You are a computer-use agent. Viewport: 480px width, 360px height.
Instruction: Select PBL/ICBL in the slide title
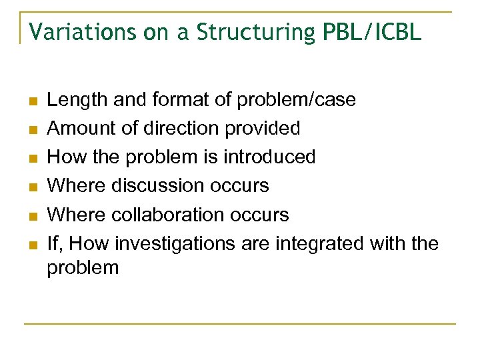(373, 32)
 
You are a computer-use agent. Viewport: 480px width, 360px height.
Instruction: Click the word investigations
(175, 244)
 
